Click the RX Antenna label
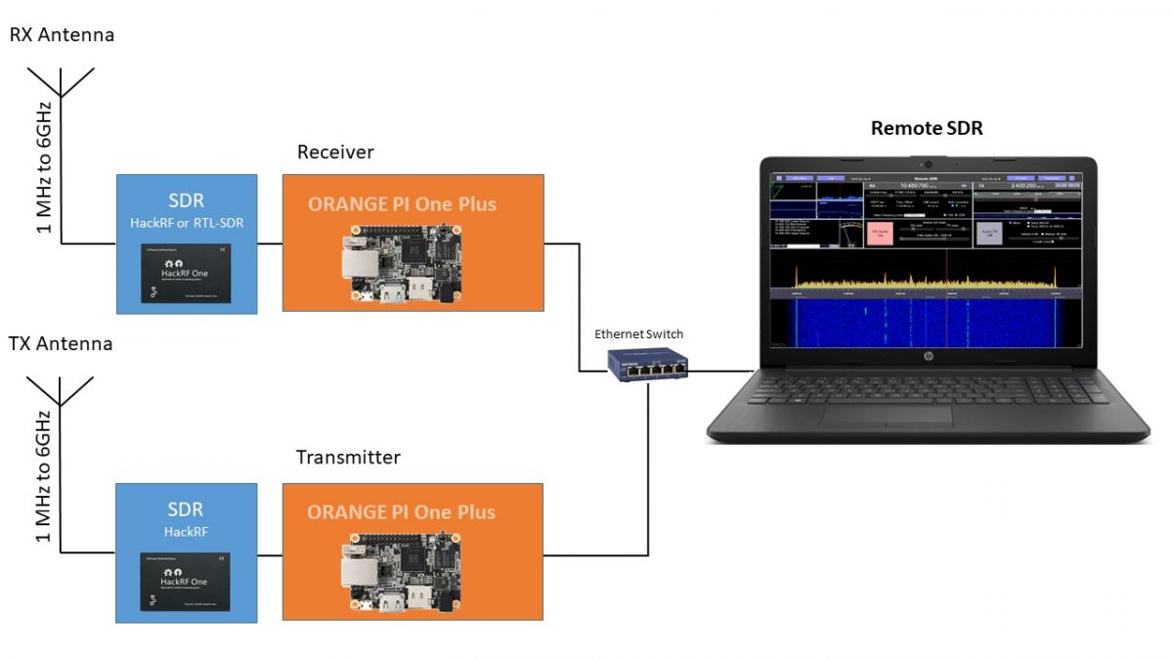pos(62,35)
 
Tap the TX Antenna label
pos(60,344)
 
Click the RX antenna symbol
pos(62,82)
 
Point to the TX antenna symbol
pos(62,391)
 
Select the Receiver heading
pos(335,153)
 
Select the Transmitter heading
pos(348,458)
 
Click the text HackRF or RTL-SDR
pos(187,223)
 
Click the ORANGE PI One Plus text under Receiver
pos(402,204)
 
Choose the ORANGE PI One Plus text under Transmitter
pos(402,512)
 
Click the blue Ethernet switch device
pos(644,366)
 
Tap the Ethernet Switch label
pos(639,334)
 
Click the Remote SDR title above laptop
pos(927,128)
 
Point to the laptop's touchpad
pos(886,417)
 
